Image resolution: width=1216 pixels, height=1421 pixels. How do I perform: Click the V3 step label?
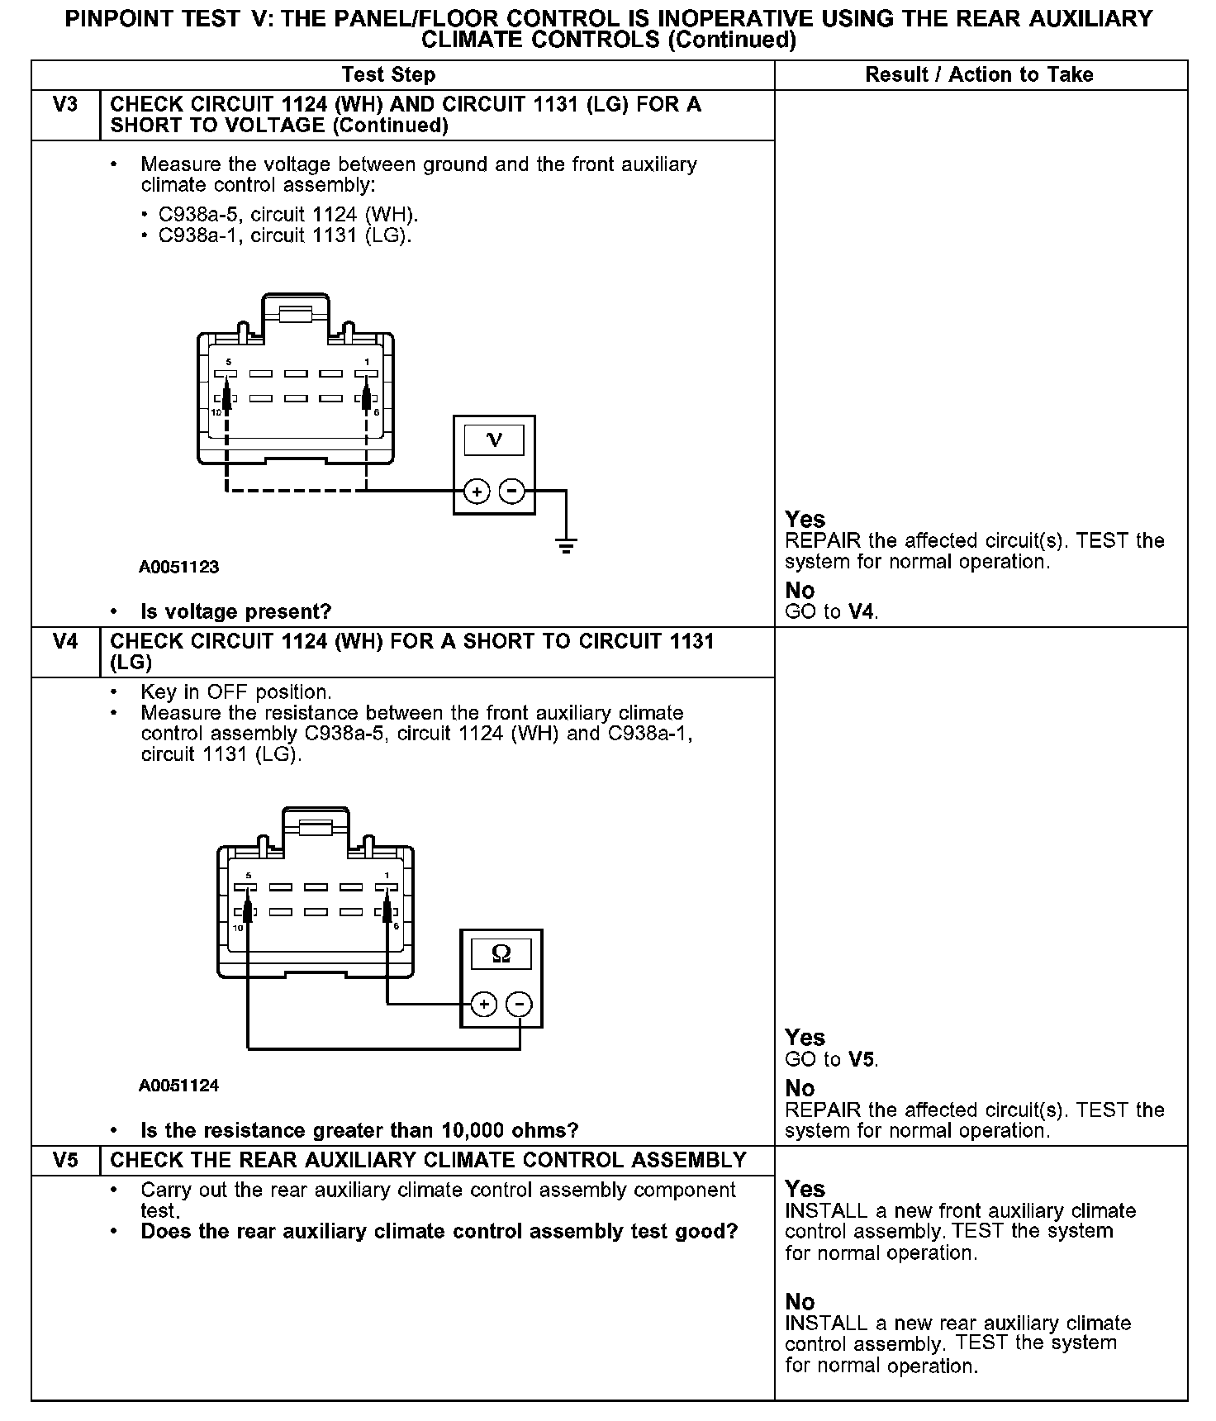pyautogui.click(x=64, y=105)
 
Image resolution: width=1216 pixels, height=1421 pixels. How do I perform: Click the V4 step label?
pyautogui.click(x=64, y=642)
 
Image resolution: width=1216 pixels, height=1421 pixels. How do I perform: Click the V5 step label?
pyautogui.click(x=64, y=1160)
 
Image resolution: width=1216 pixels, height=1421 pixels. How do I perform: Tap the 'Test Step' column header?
pyautogui.click(x=388, y=75)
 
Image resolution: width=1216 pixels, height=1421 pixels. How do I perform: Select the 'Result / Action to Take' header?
pyautogui.click(x=979, y=75)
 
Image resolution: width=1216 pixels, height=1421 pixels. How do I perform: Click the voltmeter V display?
pyautogui.click(x=494, y=440)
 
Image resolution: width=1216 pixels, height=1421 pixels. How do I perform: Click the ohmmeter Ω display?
pyautogui.click(x=501, y=954)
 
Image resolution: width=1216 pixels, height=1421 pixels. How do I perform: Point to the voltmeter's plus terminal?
pyautogui.click(x=477, y=492)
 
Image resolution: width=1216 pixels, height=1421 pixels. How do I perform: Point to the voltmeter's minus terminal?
pyautogui.click(x=512, y=492)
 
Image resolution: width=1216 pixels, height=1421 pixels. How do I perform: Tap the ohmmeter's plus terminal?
pyautogui.click(x=483, y=1005)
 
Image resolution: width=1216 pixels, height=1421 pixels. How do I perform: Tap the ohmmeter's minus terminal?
pyautogui.click(x=519, y=1005)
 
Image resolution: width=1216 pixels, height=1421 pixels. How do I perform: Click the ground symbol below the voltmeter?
pyautogui.click(x=566, y=544)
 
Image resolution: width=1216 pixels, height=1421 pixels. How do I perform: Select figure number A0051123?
pyautogui.click(x=178, y=568)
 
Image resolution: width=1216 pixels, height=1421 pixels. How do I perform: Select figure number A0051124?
pyautogui.click(x=178, y=1086)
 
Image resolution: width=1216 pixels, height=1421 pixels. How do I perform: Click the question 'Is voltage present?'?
pyautogui.click(x=235, y=612)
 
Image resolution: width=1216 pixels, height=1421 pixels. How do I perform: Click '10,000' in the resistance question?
pyautogui.click(x=473, y=1130)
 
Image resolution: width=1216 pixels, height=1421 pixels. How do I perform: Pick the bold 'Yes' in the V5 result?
pyautogui.click(x=805, y=1189)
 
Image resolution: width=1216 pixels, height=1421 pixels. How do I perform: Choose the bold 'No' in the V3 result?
pyautogui.click(x=800, y=591)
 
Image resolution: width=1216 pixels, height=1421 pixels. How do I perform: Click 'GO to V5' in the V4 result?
pyautogui.click(x=831, y=1060)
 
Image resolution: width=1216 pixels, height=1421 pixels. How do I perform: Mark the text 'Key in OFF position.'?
pyautogui.click(x=236, y=692)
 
